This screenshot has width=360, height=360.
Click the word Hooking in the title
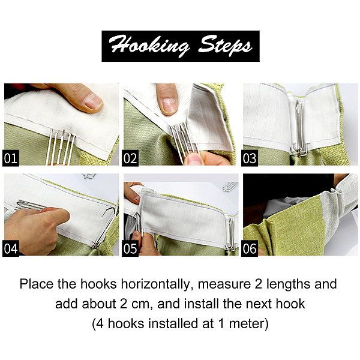pyautogui.click(x=149, y=46)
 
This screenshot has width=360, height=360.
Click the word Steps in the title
pyautogui.click(x=225, y=45)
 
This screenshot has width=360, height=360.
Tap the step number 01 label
pyautogui.click(x=11, y=158)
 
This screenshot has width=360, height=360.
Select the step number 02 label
pyautogui.click(x=130, y=158)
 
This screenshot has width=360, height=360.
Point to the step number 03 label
pyautogui.click(x=250, y=158)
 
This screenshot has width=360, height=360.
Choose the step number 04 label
pyautogui.click(x=11, y=248)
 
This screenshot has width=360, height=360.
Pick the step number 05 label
pyautogui.click(x=130, y=248)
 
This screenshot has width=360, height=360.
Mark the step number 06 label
pyautogui.click(x=250, y=248)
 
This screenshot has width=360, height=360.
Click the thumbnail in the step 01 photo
pyautogui.click(x=93, y=101)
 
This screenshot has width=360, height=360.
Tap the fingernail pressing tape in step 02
pyautogui.click(x=169, y=105)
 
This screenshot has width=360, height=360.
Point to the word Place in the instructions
pyautogui.click(x=36, y=284)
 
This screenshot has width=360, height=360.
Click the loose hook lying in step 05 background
pyautogui.click(x=230, y=186)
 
